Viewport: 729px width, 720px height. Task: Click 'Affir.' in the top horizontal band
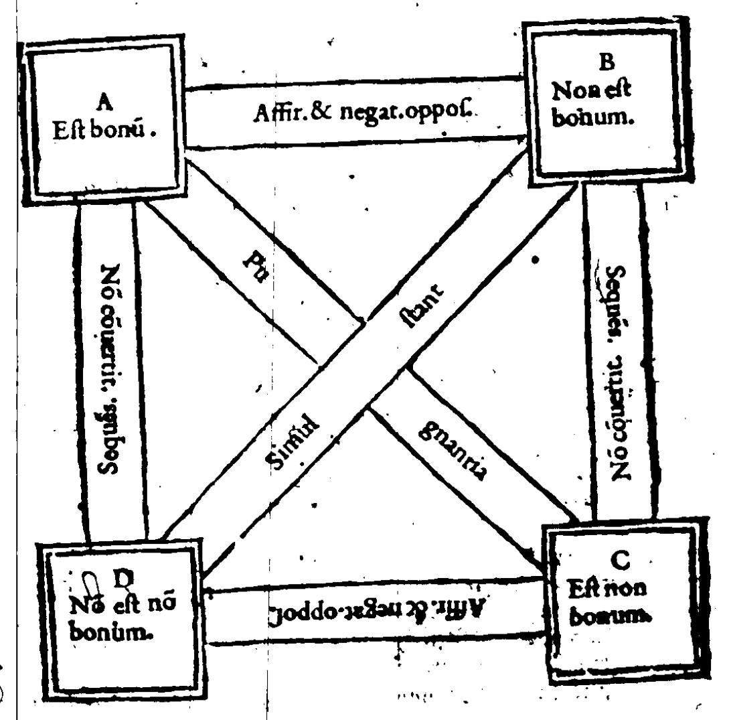(x=275, y=114)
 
